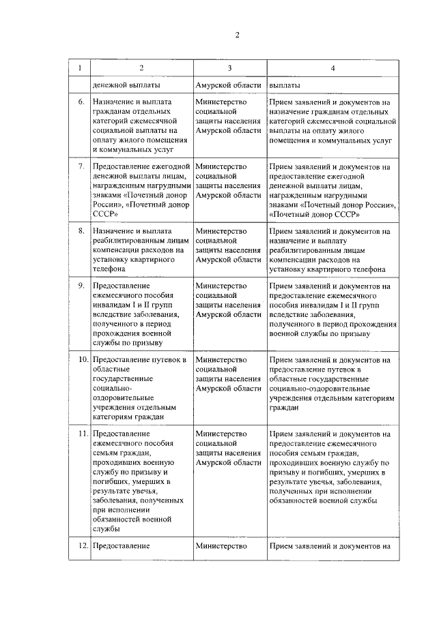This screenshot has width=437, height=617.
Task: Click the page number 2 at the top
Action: tap(238, 35)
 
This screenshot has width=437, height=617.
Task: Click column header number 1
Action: tap(80, 67)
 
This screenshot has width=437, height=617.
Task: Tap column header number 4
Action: tap(333, 67)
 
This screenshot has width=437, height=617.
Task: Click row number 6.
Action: tap(81, 102)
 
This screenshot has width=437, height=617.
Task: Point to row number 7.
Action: tap(81, 166)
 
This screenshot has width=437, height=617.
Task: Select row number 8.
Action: tap(81, 231)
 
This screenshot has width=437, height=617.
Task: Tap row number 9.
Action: tap(81, 286)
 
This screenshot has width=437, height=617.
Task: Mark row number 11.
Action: tap(81, 434)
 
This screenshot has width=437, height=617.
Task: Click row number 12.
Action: tap(81, 546)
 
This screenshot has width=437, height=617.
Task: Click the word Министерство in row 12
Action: tap(220, 546)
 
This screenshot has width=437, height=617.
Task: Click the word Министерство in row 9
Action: tap(220, 286)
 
